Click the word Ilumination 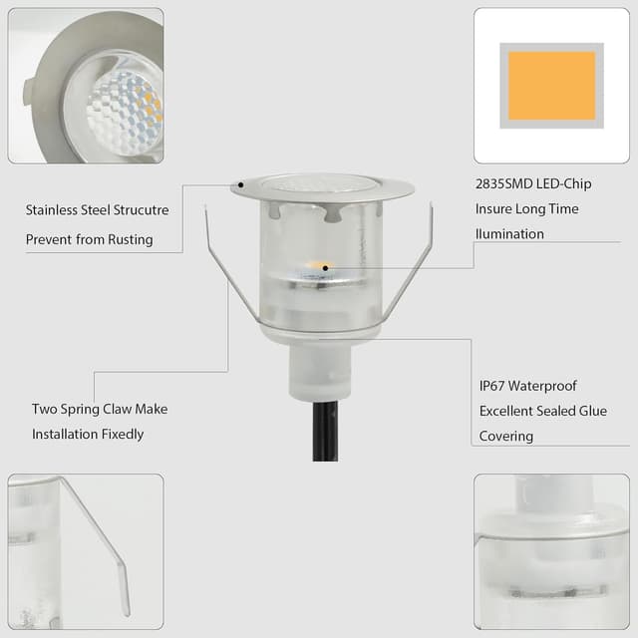(511, 234)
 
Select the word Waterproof (545, 386)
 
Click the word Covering (506, 436)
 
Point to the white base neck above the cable (321, 369)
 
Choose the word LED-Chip (564, 184)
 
